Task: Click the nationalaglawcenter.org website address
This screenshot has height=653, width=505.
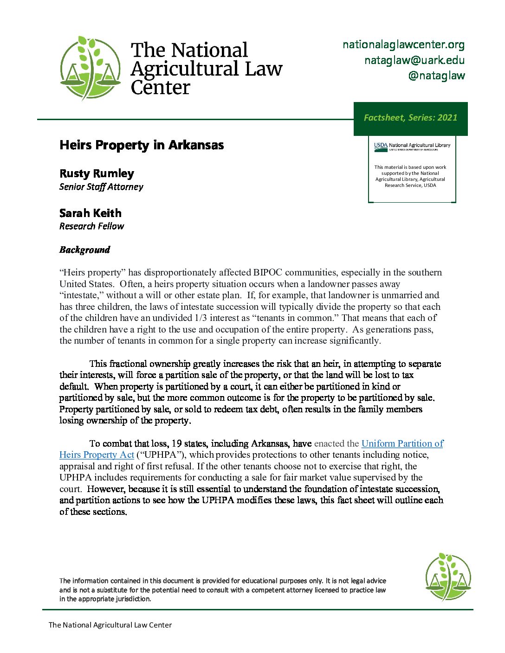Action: (403, 45)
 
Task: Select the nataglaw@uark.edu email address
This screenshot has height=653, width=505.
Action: (414, 60)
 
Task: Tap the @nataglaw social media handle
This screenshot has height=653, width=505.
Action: (436, 76)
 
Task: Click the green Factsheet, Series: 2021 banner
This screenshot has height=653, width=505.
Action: (410, 118)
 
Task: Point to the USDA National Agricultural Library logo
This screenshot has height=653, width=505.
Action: (412, 147)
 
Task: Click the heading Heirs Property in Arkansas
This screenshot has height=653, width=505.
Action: (142, 145)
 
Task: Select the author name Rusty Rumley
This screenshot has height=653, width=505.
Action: (97, 173)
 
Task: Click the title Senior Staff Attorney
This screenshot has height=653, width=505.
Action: (101, 187)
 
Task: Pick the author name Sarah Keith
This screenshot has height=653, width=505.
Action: (91, 213)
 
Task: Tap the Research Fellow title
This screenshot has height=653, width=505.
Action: (91, 226)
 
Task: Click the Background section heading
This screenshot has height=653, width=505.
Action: (84, 250)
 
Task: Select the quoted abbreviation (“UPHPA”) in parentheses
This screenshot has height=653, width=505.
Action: (161, 455)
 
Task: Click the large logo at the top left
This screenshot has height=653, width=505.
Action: (91, 69)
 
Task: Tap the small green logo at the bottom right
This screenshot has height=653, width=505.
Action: (448, 576)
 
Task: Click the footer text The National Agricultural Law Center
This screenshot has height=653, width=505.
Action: (110, 625)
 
